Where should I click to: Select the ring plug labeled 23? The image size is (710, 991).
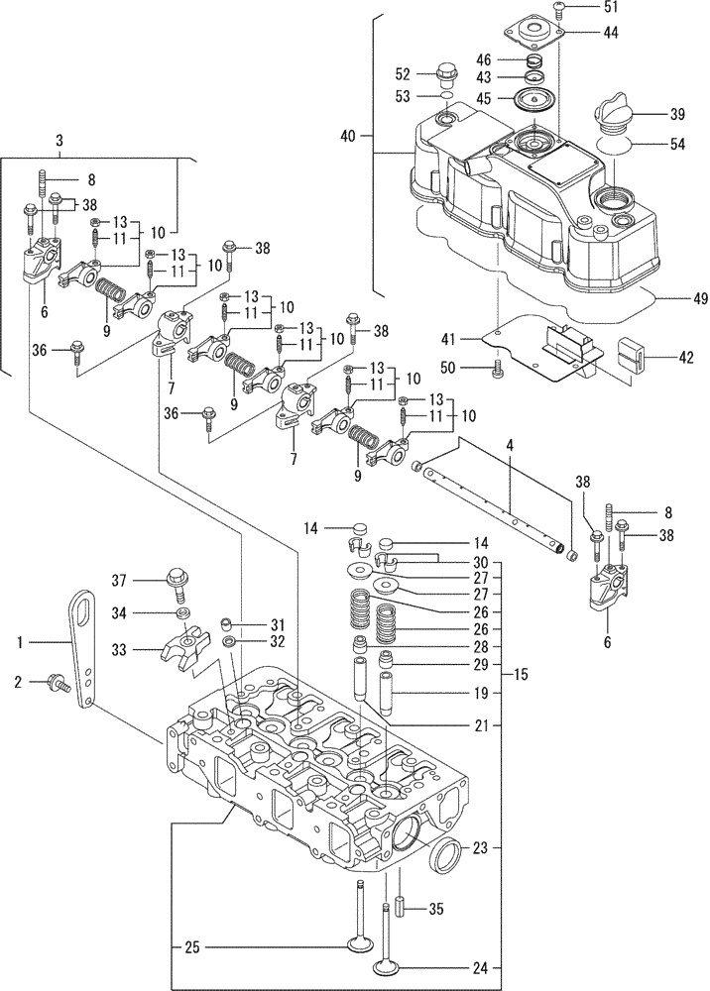pyautogui.click(x=443, y=851)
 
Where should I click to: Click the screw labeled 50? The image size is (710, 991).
pyautogui.click(x=498, y=369)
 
